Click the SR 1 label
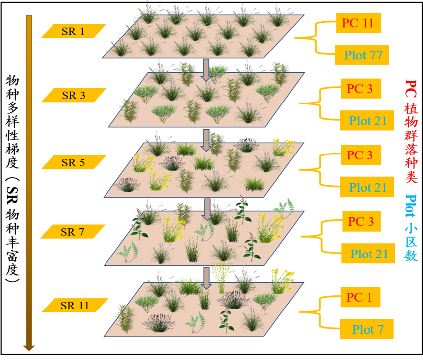pyautogui.click(x=73, y=31)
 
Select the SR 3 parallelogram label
pyautogui.click(x=73, y=95)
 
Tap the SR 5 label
pyautogui.click(x=73, y=162)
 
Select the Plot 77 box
pyautogui.click(x=362, y=55)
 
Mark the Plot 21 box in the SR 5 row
pyautogui.click(x=367, y=188)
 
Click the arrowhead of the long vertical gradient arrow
pyautogui.click(x=29, y=345)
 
